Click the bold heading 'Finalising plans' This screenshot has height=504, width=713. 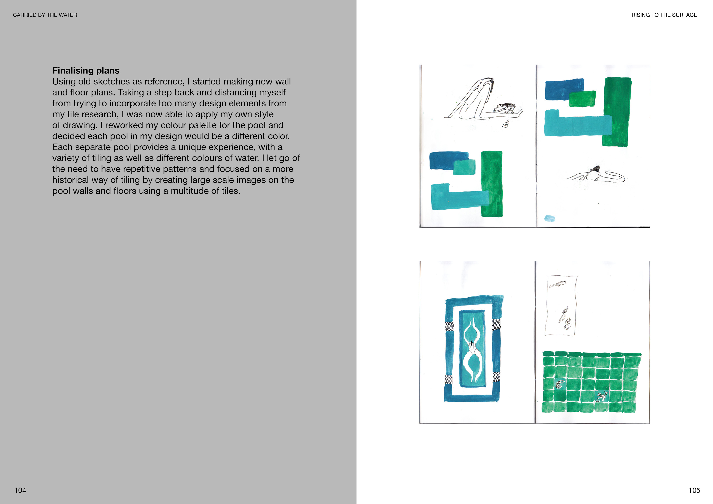86,70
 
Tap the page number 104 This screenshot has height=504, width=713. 20,490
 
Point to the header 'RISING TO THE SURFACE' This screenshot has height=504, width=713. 664,15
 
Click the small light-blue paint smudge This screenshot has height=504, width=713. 549,218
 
